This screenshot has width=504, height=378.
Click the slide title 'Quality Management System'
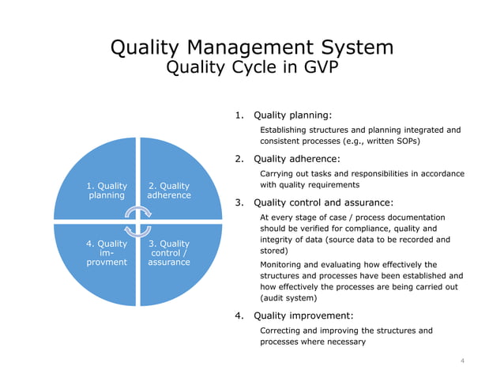[x=252, y=47]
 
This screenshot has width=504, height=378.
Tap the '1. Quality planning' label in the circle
[x=106, y=191]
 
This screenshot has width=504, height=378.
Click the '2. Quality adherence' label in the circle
[x=169, y=191]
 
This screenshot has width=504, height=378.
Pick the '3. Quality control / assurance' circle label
[x=169, y=252]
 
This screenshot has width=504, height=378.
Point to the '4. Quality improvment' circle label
[x=106, y=252]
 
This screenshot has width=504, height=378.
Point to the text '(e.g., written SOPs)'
[x=378, y=142]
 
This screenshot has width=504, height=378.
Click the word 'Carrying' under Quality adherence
[x=280, y=173]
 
